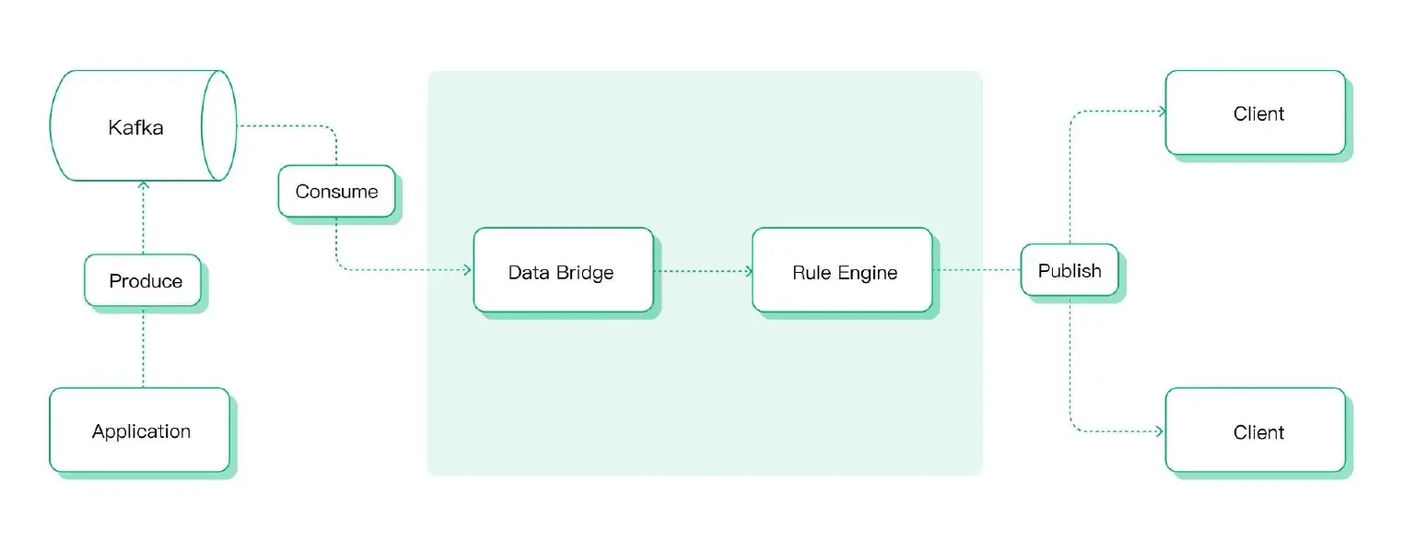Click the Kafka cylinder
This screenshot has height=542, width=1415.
click(x=136, y=126)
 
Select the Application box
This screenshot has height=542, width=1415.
click(x=140, y=430)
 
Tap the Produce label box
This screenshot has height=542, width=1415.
click(x=144, y=280)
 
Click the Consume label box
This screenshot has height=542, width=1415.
click(x=336, y=192)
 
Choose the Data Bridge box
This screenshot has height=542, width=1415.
click(x=563, y=271)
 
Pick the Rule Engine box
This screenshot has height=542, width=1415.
click(x=842, y=271)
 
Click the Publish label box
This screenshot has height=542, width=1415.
click(x=1069, y=270)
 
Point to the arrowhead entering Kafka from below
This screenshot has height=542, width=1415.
click(x=144, y=186)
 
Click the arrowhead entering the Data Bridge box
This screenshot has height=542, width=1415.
click(x=467, y=271)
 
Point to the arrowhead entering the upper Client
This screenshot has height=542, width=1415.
click(x=1160, y=112)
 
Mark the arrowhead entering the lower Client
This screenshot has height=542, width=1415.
click(x=1160, y=430)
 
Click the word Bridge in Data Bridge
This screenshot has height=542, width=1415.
click(x=586, y=273)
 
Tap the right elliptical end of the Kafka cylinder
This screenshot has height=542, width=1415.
click(x=219, y=125)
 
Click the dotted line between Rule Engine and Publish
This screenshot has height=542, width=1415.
click(x=976, y=271)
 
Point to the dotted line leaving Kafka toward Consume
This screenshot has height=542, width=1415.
click(x=286, y=126)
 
